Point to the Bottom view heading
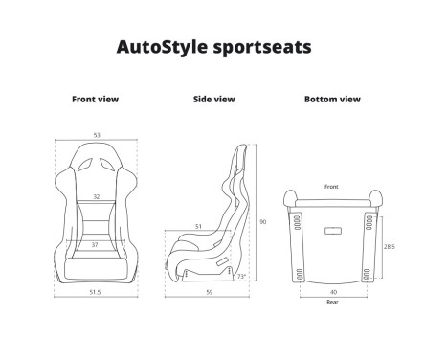point(331,99)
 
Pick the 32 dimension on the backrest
point(95,196)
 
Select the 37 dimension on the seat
point(94,245)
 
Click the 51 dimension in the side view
point(198,227)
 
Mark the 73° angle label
point(240,276)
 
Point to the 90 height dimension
point(263,222)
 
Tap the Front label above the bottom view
point(330,186)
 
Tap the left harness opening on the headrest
point(81,165)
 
